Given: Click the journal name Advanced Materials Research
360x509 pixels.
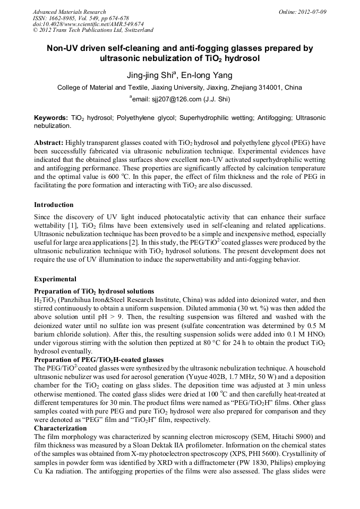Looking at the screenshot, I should (69, 12).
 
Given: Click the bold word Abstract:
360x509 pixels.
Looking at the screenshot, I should (49, 143).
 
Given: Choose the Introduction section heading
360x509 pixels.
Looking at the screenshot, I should (54, 205).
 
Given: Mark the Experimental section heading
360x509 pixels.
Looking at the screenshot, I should (55, 279).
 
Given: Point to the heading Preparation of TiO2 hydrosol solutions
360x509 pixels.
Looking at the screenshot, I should (94, 291).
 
